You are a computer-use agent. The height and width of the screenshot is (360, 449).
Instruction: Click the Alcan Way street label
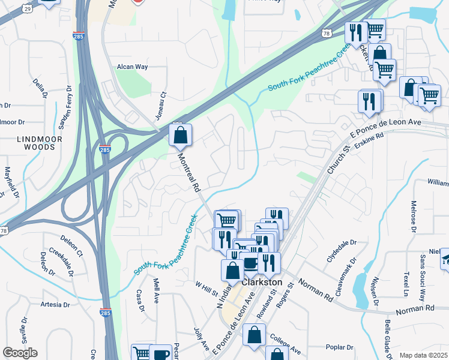(132, 67)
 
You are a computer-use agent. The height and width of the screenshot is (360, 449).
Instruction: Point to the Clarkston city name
(262, 281)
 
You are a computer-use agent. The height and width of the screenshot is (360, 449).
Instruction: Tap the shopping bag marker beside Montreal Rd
(180, 136)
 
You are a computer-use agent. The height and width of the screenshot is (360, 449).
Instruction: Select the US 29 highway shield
(26, 7)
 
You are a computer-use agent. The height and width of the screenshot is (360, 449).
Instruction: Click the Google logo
(20, 353)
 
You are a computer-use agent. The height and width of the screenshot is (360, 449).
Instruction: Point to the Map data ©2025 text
(424, 355)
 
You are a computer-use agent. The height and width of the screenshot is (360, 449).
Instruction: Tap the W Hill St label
(205, 288)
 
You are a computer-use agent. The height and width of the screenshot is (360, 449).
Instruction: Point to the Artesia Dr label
(53, 305)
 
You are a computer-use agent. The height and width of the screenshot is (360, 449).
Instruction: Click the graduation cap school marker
(446, 259)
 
